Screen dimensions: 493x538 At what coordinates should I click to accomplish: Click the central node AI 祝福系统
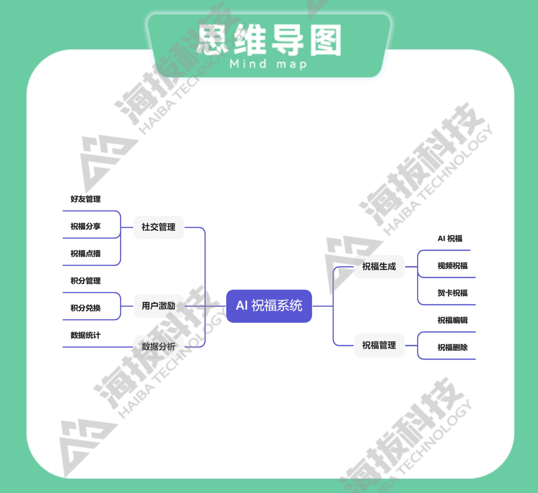pos(269,306)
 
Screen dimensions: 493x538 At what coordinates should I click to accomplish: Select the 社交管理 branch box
pos(159,227)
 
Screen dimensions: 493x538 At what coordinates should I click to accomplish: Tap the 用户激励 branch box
pos(159,306)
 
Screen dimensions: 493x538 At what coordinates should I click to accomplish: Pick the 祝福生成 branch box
pos(379,267)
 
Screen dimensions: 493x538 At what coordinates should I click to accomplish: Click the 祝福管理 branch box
pos(379,345)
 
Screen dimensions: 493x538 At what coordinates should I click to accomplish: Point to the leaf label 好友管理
pos(85,199)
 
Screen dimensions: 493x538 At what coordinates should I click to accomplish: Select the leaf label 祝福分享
pos(85,226)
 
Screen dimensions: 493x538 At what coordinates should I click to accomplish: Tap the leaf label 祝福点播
pos(85,253)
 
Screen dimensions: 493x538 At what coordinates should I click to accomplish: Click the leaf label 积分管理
pos(85,281)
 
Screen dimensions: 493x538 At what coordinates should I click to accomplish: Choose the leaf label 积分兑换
pos(85,308)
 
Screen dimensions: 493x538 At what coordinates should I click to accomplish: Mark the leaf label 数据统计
pos(85,335)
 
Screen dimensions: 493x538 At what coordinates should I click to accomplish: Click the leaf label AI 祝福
pos(450,238)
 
